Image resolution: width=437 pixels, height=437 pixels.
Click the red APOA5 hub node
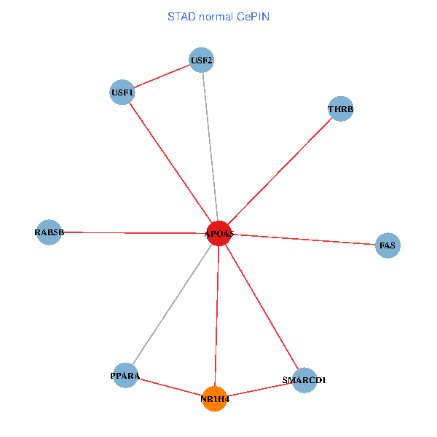tap(219, 233)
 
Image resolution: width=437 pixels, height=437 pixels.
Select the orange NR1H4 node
tap(215, 398)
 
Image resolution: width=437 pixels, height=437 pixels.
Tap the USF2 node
tap(201, 60)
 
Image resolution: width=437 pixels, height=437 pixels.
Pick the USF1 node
tap(122, 92)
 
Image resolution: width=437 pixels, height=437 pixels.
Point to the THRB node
tap(340, 109)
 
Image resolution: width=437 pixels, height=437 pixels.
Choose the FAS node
tap(387, 245)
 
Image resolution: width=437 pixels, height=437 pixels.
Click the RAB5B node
tap(49, 232)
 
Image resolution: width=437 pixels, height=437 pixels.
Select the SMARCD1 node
tap(304, 380)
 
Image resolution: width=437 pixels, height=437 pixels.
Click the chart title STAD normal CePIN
tap(219, 16)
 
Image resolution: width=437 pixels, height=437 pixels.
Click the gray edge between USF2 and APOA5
tap(210, 146)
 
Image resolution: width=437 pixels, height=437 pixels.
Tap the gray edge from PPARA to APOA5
tap(173, 304)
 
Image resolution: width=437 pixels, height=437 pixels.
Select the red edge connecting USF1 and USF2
tap(162, 76)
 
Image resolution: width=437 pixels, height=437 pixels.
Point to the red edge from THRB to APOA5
tap(280, 171)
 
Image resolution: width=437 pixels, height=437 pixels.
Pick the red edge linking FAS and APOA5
tap(303, 240)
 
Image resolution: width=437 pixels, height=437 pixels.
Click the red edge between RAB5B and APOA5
tap(134, 233)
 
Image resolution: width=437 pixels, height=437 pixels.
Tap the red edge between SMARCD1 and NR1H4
tap(259, 390)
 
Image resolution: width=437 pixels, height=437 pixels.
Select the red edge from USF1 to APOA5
tap(170, 162)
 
